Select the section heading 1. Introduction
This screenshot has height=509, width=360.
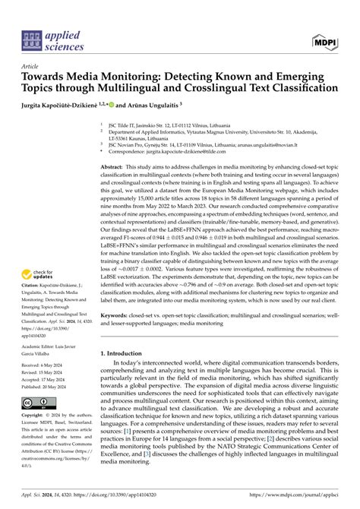point(129,375)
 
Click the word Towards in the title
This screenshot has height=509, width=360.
point(42,77)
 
